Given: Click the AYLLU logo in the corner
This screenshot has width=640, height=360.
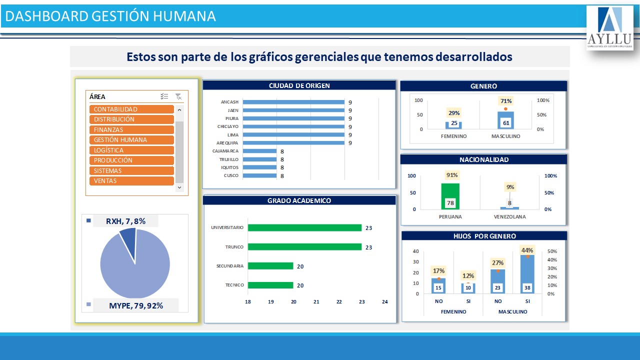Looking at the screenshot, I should [609, 28].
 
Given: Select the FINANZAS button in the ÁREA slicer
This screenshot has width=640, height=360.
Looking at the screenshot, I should [132, 130].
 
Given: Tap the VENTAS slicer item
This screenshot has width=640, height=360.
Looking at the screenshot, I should [132, 181].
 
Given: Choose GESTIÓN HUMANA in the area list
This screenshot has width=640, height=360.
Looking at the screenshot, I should [132, 140].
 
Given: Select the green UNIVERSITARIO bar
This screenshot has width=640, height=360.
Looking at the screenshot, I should [304, 228].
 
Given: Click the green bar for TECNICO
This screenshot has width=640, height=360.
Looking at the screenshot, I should [270, 285].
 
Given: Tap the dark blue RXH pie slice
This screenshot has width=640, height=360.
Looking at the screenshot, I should [128, 237].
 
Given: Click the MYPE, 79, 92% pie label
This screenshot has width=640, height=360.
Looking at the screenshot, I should [136, 305].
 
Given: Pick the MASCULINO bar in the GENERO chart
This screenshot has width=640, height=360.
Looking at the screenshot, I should [505, 120].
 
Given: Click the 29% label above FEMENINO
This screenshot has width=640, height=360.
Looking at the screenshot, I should [454, 113].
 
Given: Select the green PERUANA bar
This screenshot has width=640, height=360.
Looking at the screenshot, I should [450, 196].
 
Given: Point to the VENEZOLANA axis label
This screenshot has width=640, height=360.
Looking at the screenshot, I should [509, 217].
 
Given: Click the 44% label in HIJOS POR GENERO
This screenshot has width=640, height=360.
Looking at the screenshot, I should [527, 250].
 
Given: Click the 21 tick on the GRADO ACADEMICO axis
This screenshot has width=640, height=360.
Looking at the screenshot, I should [316, 302].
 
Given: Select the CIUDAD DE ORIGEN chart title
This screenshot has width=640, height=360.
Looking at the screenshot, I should [299, 85].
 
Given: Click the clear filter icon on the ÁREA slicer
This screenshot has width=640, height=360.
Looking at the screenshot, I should [178, 96].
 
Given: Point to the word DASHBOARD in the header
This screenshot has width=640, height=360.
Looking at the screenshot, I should [46, 16].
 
